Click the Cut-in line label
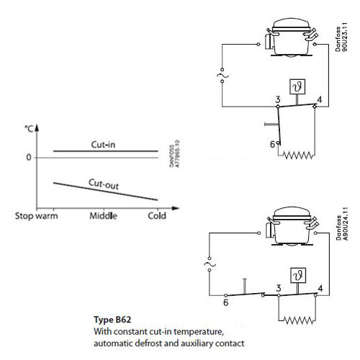coord(103,145)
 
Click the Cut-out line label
coord(104,184)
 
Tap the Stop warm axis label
coord(37,216)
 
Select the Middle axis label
coord(103,216)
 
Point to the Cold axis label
coord(157,216)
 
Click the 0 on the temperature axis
coord(29,158)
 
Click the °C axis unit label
coord(29,129)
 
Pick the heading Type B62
coord(112,320)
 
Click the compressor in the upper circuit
coord(292,38)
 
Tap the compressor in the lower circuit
coord(292,227)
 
